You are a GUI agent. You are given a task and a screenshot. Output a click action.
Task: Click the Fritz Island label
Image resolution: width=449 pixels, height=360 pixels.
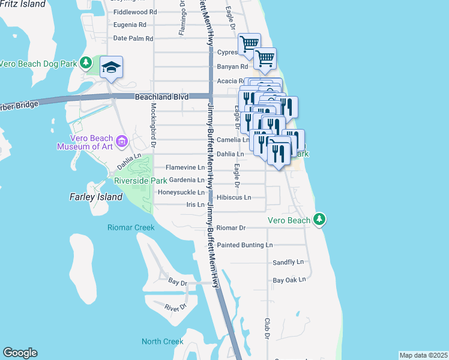pos(23,4)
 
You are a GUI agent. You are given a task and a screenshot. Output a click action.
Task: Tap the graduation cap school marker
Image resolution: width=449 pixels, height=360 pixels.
pos(111,68)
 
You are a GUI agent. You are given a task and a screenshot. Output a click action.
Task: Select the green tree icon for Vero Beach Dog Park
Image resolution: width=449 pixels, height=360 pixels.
pos(86,63)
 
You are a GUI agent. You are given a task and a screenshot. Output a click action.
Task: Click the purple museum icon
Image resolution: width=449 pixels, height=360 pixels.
pos(122,141)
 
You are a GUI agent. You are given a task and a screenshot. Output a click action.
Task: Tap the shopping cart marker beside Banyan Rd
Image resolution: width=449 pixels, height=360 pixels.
pos(265,59)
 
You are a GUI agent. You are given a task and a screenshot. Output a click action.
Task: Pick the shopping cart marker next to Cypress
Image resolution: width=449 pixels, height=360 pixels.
pos(249,44)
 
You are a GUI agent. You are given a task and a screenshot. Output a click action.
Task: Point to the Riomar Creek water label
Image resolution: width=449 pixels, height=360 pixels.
pos(131,227)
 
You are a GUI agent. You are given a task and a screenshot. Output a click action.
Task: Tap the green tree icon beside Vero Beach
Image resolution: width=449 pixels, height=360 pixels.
pos(321,220)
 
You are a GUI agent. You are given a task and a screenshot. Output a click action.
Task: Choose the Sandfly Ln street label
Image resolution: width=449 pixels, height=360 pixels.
pos(288,262)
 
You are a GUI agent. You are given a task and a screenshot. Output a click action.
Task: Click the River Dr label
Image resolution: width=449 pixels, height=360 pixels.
pos(176,307)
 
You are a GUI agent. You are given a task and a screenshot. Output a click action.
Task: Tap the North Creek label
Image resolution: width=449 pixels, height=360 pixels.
pos(162,341)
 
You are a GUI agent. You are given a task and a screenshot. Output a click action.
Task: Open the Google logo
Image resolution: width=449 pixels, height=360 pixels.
pos(20,353)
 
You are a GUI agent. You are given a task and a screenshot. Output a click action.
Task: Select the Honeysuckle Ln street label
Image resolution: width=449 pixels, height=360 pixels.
pos(181,193)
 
